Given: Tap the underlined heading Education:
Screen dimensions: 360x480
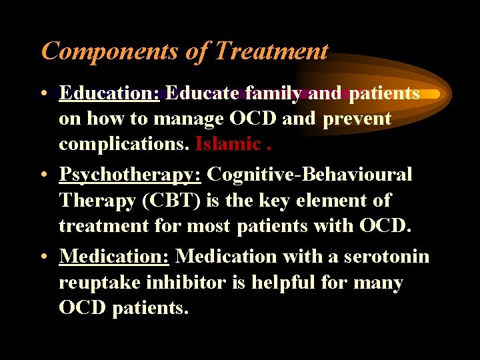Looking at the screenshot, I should (x=109, y=93).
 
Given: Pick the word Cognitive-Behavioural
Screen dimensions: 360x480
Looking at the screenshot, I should (x=309, y=175).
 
